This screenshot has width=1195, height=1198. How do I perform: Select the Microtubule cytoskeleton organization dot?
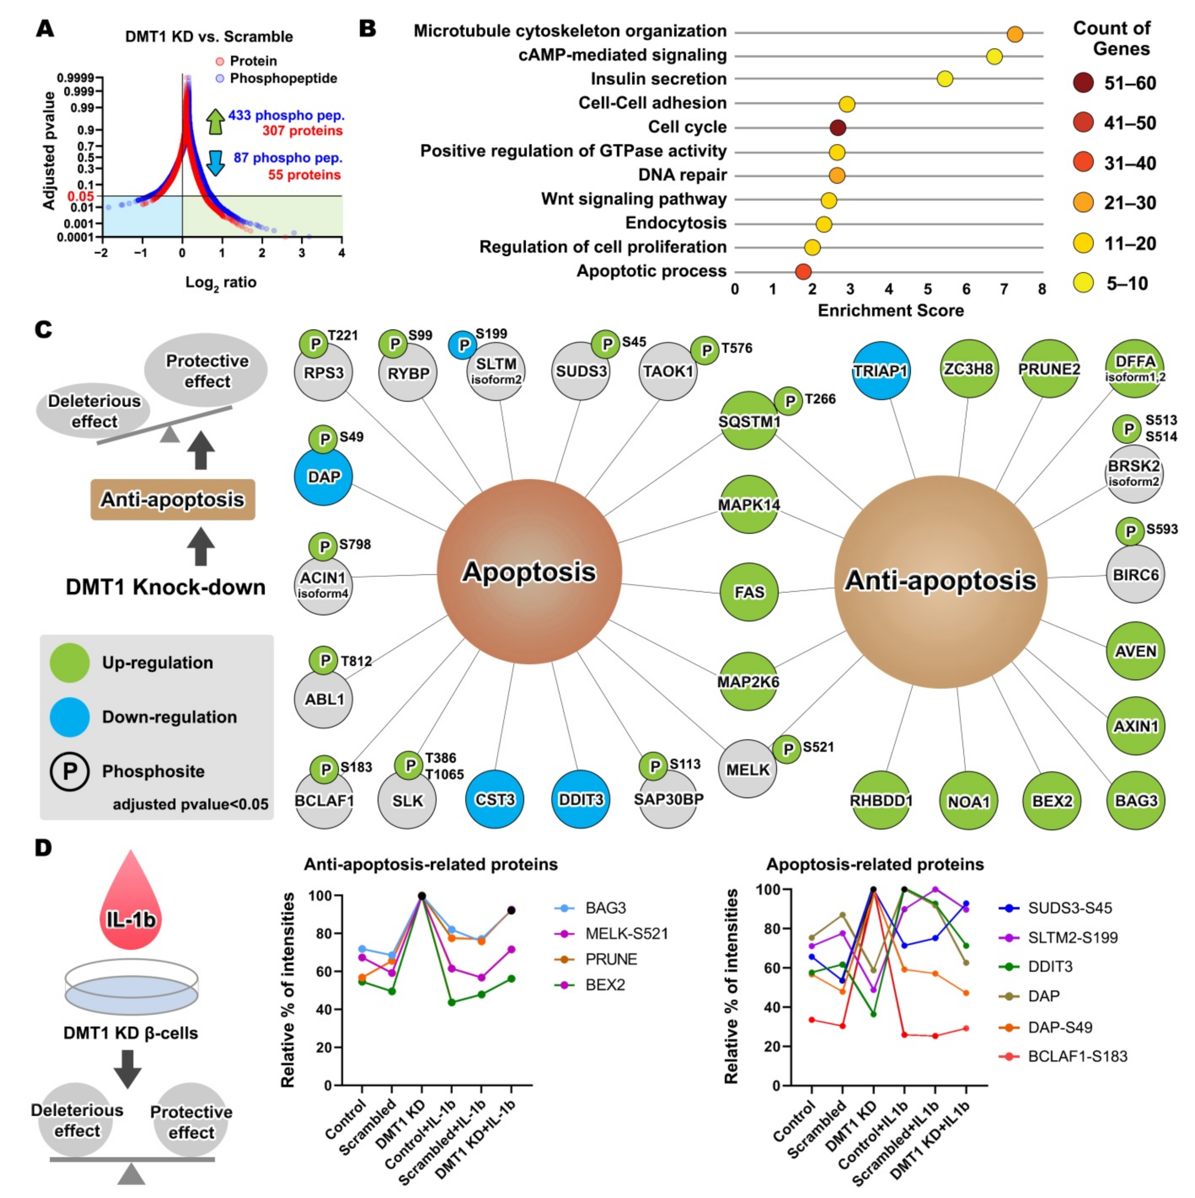1014,34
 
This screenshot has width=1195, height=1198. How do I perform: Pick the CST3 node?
495,799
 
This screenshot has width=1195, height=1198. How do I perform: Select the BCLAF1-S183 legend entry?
1077,1057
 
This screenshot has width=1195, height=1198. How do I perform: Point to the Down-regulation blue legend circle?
69,717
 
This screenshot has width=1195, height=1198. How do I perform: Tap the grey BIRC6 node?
1135,575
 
